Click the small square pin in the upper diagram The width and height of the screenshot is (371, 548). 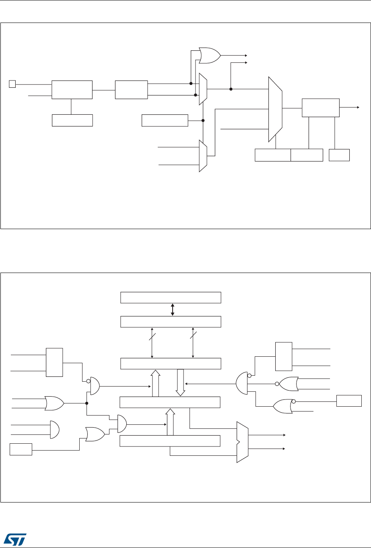pos(12,84)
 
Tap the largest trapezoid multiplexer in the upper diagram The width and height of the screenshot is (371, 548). pos(275,109)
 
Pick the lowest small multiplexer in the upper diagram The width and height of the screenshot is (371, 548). pos(203,156)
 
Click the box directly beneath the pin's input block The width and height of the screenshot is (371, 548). pos(72,120)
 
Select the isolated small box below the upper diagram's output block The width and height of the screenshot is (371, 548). pos(339,155)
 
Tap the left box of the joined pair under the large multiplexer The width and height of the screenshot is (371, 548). pos(273,155)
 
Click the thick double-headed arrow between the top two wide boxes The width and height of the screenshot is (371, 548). pos(172,309)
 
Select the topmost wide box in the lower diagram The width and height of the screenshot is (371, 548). pos(171,298)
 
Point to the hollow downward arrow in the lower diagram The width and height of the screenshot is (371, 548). pos(180,381)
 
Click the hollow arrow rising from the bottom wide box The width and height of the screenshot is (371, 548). pos(171,422)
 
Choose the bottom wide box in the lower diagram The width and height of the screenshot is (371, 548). pos(171,441)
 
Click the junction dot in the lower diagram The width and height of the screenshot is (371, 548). pos(87,403)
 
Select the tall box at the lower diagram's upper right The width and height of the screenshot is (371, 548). pos(284,356)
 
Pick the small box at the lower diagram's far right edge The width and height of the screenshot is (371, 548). pos(347,401)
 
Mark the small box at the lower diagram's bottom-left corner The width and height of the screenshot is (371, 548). pos(21,449)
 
